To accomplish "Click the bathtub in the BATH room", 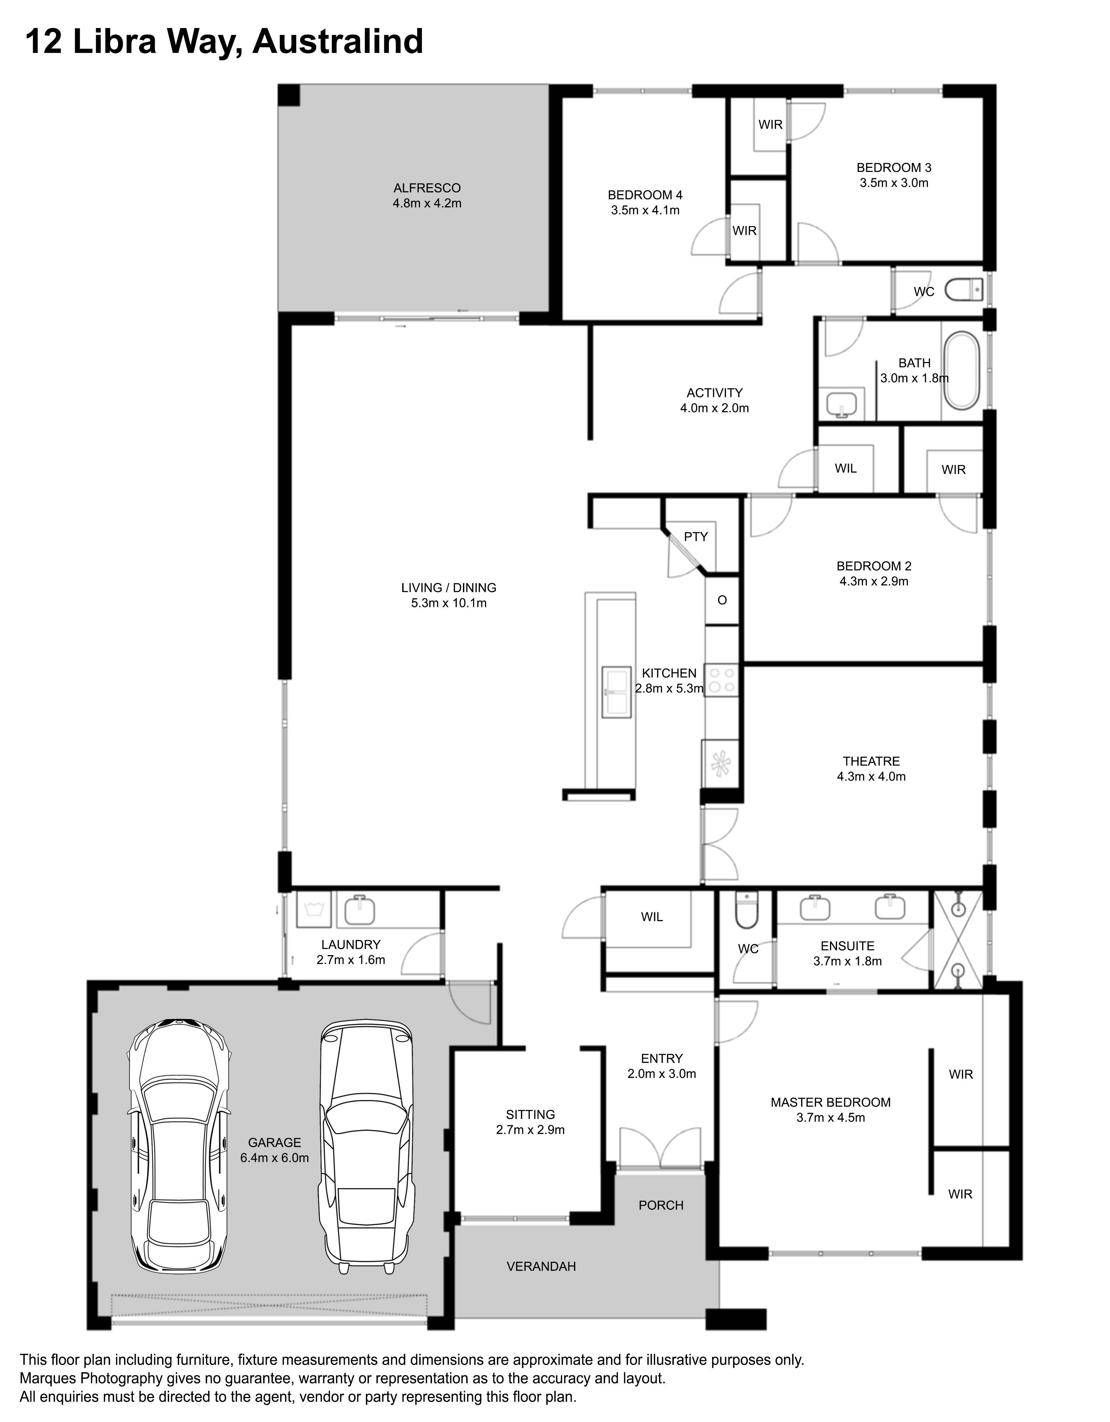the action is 962,371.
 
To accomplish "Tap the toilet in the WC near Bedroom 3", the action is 964,290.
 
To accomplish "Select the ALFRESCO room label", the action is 427,188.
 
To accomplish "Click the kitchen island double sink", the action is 616,692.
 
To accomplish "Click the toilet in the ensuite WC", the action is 746,911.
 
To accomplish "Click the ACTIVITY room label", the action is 714,393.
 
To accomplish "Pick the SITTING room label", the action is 530,1115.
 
